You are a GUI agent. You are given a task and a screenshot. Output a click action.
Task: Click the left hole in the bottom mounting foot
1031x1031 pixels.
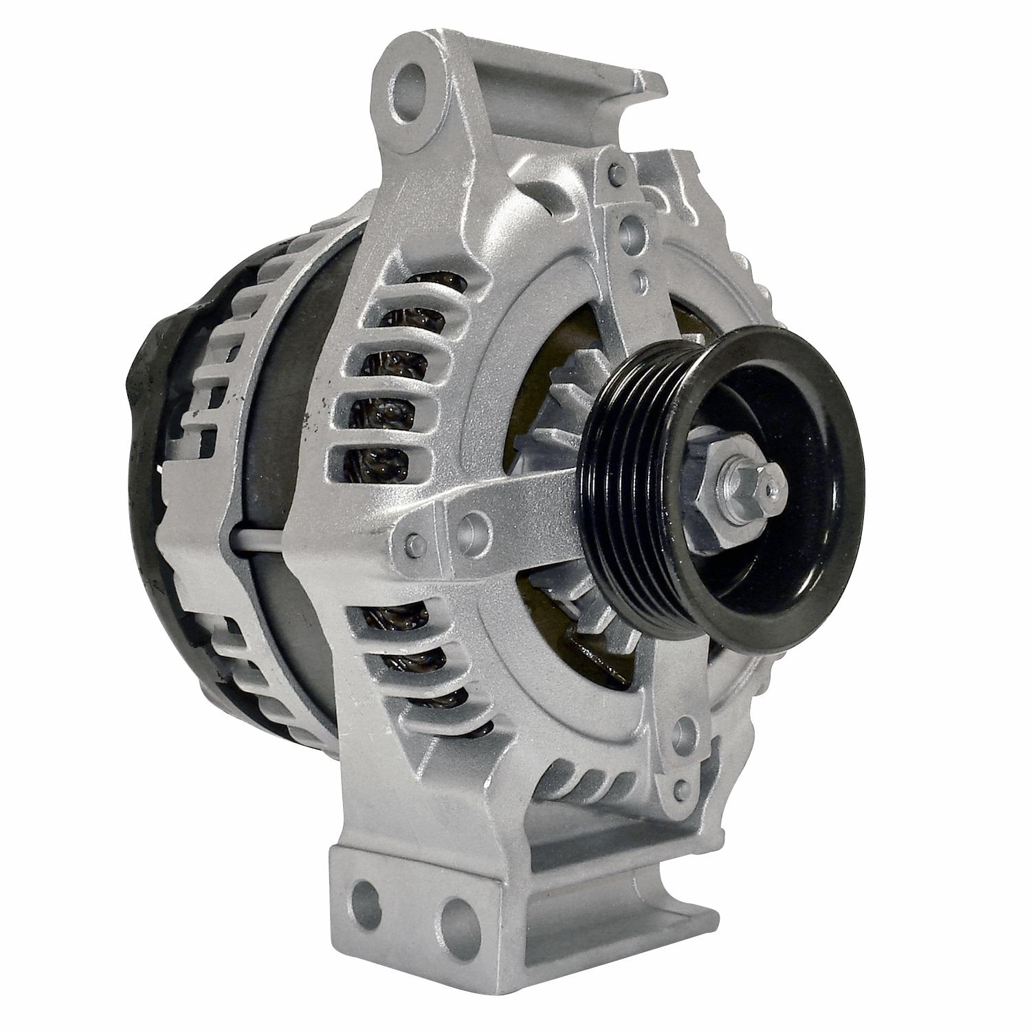click(365, 896)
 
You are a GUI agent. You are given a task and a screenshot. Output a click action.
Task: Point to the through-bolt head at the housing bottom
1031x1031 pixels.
click(682, 786)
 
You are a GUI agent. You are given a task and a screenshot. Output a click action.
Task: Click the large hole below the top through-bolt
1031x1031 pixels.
click(630, 230)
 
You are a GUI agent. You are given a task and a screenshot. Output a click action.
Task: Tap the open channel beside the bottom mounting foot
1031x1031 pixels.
click(605, 900)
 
